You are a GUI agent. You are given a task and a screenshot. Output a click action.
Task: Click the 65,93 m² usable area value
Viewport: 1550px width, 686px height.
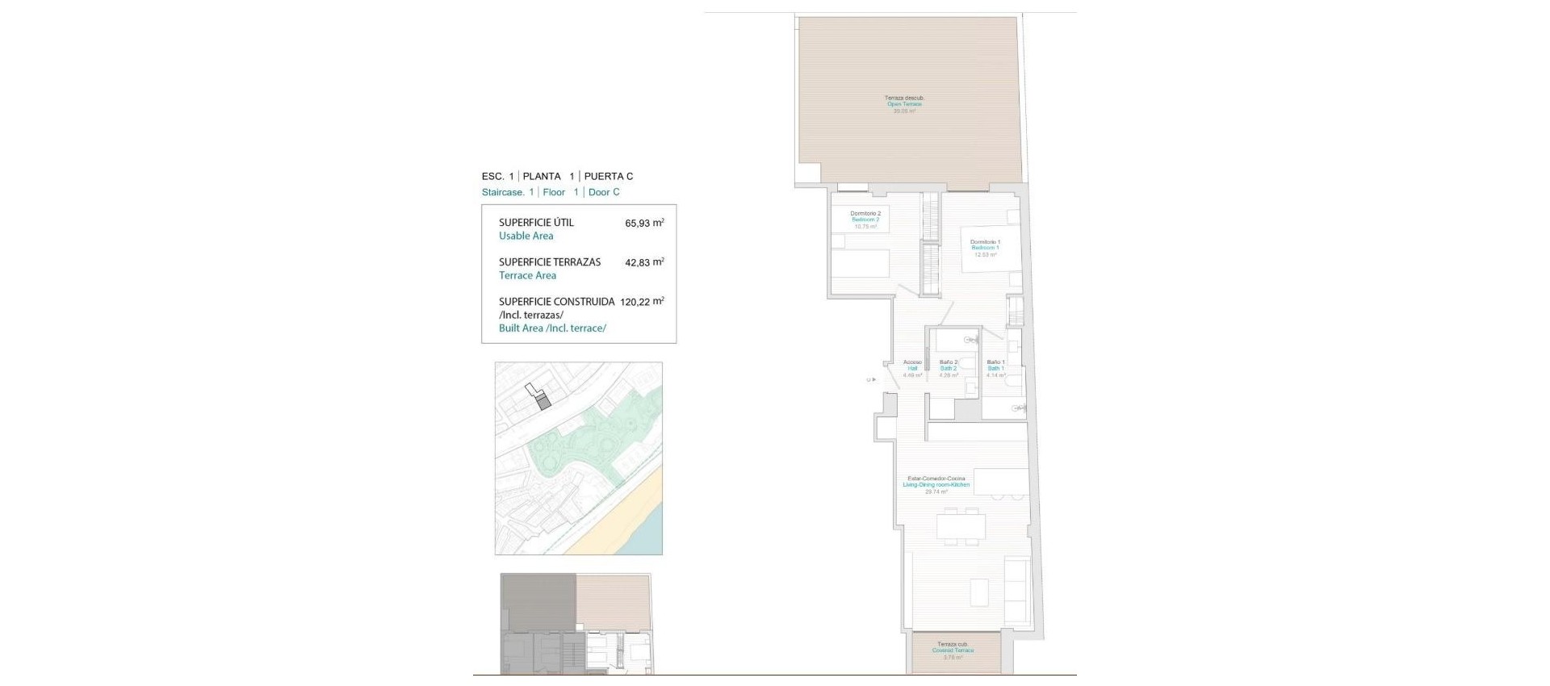[x=644, y=224]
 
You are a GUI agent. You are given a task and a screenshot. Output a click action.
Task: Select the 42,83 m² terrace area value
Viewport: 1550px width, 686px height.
[x=644, y=262]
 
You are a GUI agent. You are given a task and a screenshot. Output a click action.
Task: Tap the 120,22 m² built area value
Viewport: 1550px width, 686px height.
[x=642, y=302]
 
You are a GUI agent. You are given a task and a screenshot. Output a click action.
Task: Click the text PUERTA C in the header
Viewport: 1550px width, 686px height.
[x=608, y=176]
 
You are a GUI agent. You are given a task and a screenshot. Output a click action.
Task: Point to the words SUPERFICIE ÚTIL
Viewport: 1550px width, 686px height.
[x=536, y=223]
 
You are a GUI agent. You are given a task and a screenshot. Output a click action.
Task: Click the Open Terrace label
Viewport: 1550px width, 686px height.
[x=904, y=104]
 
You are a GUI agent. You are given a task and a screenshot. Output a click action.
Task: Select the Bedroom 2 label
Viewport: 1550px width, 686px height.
[x=865, y=220]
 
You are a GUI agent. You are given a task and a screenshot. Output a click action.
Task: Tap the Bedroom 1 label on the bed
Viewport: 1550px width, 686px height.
[x=985, y=248]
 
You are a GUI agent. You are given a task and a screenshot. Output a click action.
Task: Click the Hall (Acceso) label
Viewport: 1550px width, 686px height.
[x=912, y=368]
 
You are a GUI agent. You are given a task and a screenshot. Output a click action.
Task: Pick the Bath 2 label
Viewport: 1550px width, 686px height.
[x=949, y=368]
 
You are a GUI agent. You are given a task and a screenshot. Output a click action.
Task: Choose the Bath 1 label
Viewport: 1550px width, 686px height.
[x=995, y=368]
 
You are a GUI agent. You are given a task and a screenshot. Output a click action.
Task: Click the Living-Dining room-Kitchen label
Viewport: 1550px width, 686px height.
[x=936, y=484]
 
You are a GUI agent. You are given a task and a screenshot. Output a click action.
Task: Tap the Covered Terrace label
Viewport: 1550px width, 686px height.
[x=953, y=650]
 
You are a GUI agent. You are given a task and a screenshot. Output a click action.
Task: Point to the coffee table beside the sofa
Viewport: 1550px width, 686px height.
[x=979, y=592]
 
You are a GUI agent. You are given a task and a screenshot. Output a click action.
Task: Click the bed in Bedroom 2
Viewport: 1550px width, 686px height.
[x=861, y=264]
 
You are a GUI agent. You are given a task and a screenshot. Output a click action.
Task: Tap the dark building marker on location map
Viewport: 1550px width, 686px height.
[x=543, y=401]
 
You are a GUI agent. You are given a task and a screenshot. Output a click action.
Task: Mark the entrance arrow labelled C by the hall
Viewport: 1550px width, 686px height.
[x=870, y=379]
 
